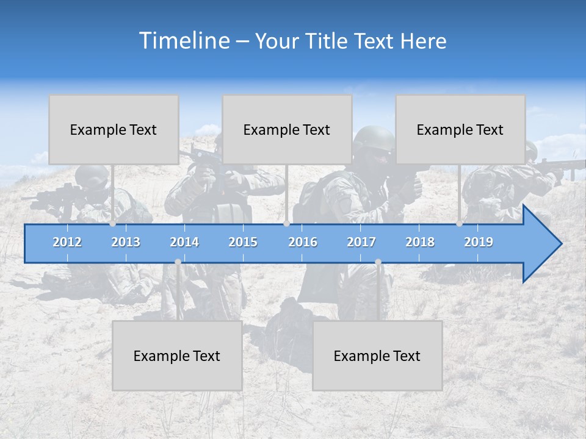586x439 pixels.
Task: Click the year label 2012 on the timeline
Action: pos(67,242)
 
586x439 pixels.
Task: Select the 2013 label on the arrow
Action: pos(126,242)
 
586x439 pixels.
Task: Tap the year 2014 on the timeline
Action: pos(184,242)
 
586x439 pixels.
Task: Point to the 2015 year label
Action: pos(243,242)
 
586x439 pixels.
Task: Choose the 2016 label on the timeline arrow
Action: pos(303,242)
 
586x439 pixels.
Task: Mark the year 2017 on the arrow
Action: pos(361,242)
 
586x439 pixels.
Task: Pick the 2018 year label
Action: pos(420,242)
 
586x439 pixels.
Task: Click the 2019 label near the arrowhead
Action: pos(479,242)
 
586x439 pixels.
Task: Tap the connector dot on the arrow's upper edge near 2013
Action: pos(112,224)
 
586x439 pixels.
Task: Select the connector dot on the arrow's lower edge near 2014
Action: pos(178,262)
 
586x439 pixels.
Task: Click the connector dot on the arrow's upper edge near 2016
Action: pos(286,224)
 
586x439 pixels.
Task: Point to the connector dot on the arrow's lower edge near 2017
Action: pos(378,262)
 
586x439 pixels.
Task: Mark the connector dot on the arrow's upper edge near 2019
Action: pos(459,224)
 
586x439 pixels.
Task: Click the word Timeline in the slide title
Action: pos(183,41)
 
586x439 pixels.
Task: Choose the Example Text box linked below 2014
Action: pos(177,355)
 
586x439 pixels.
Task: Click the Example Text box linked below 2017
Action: pos(377,355)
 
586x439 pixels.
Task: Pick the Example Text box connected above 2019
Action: pos(460,129)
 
